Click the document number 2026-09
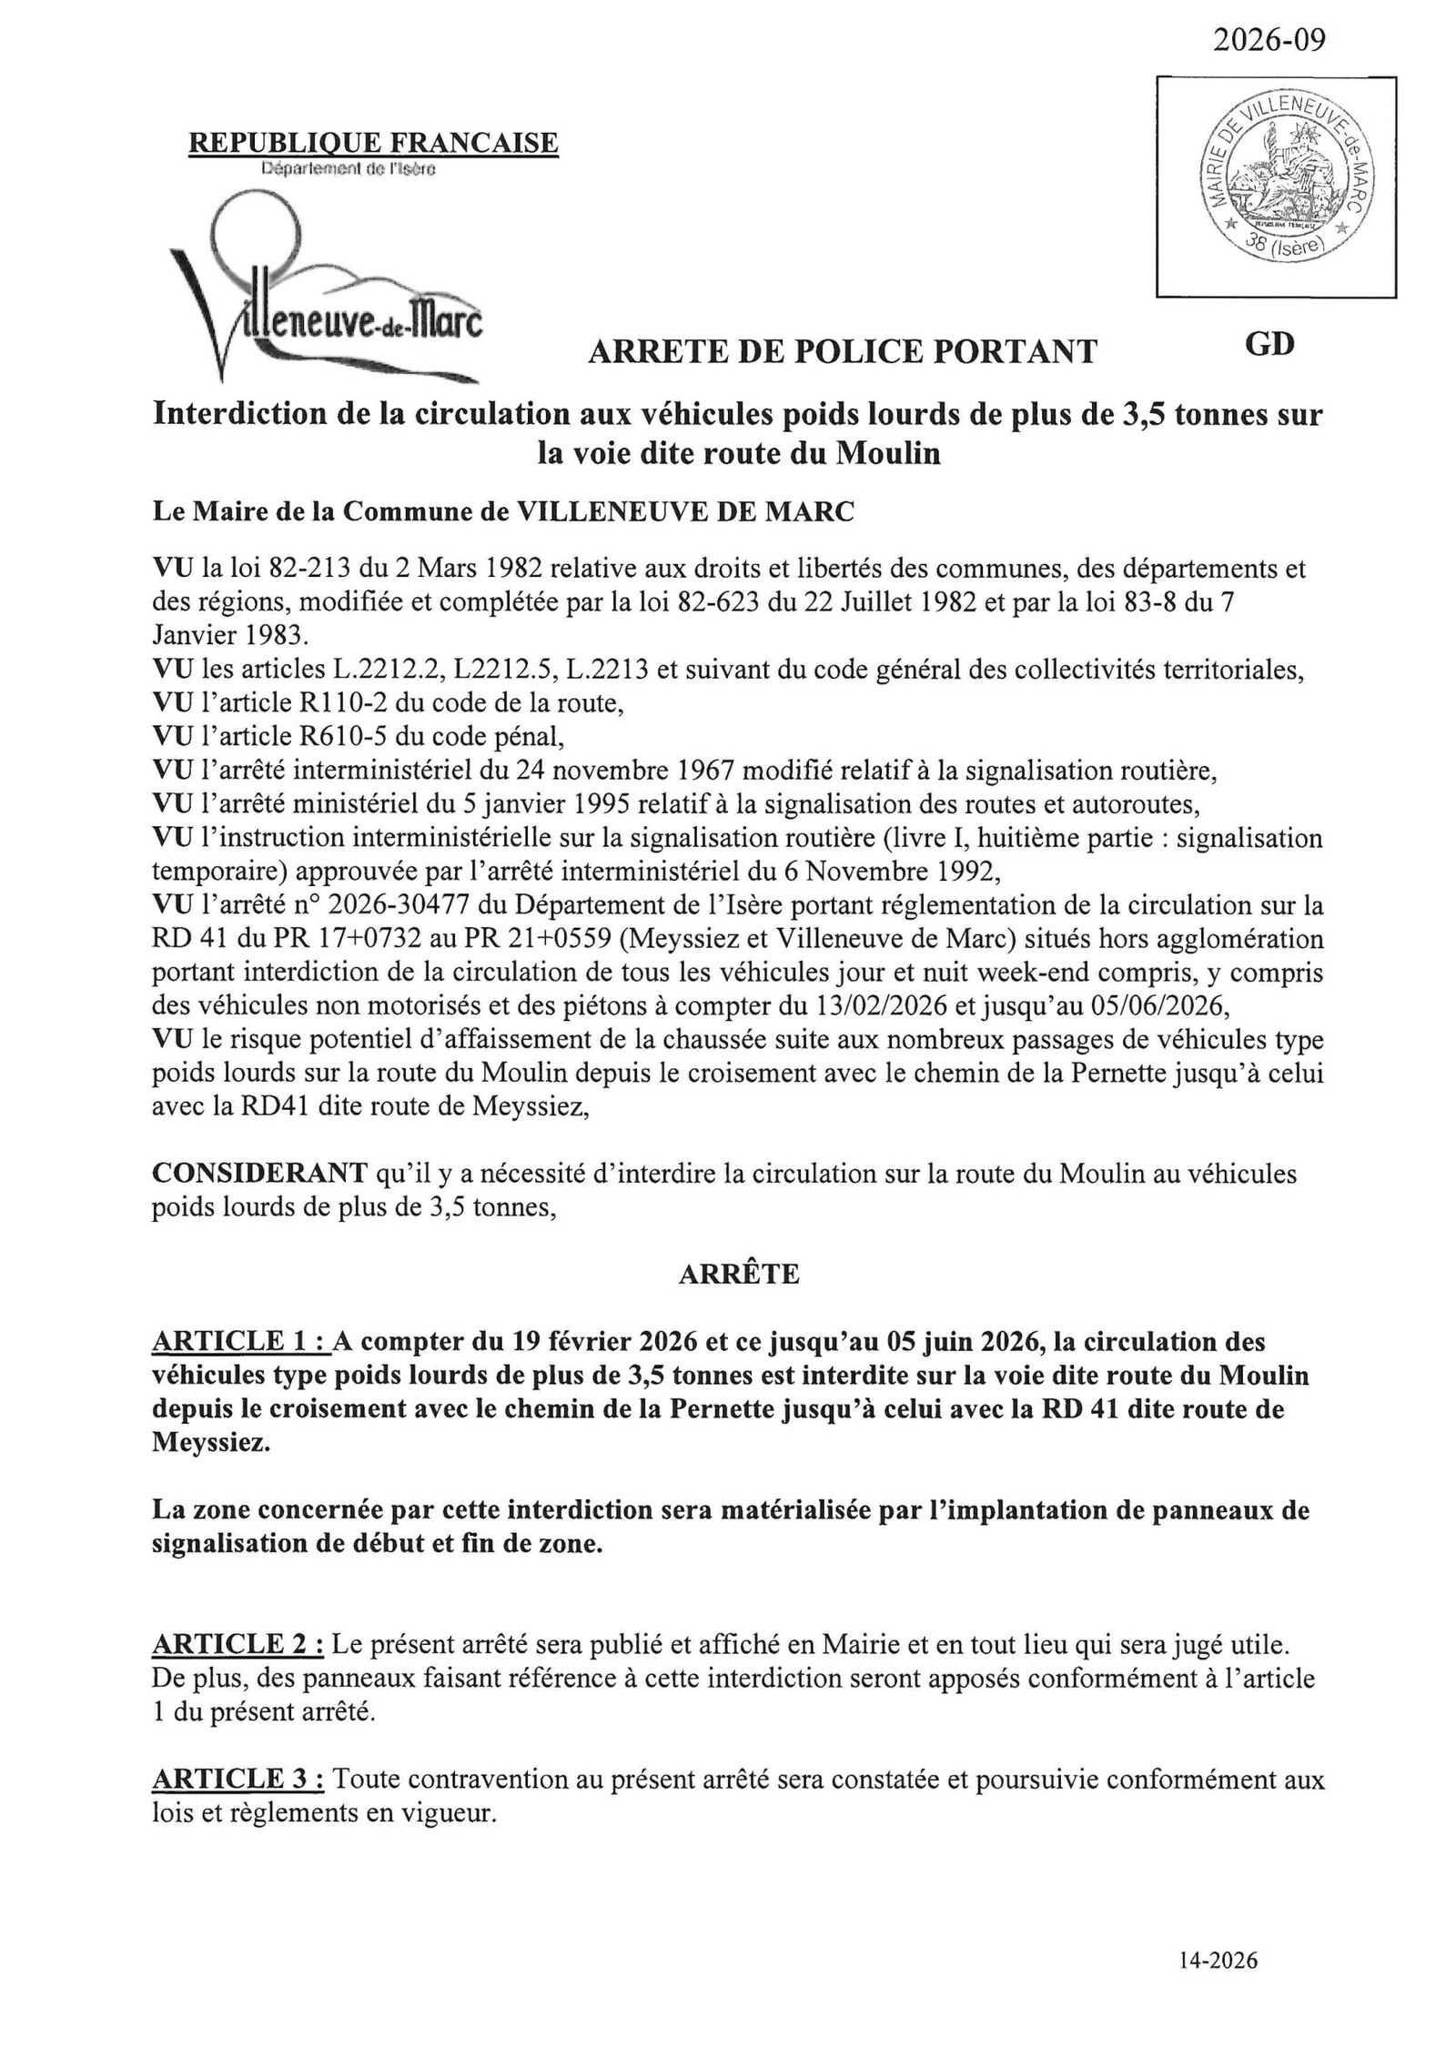(x=1270, y=41)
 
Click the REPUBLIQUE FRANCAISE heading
(x=372, y=143)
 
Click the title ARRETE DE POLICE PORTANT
(x=842, y=350)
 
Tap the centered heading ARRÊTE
(x=738, y=1275)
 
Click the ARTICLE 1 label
(x=240, y=1342)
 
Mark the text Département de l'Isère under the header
(x=348, y=169)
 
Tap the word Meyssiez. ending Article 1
(x=211, y=1443)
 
